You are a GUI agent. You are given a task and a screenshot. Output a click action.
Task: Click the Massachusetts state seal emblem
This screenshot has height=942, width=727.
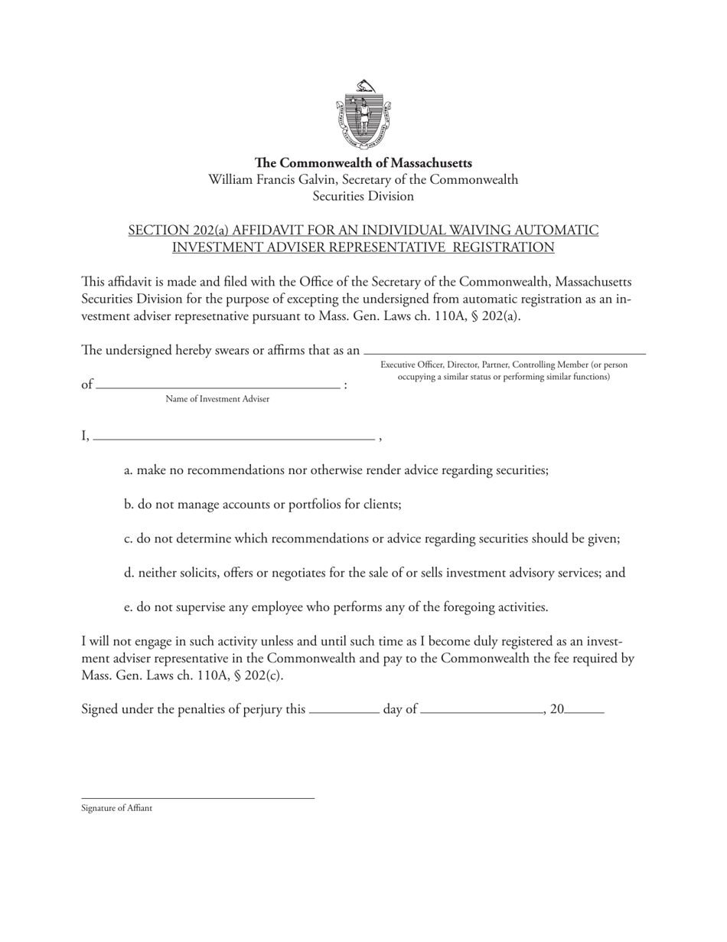pyautogui.click(x=363, y=115)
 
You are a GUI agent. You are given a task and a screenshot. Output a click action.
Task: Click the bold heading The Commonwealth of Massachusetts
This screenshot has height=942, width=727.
pyautogui.click(x=363, y=163)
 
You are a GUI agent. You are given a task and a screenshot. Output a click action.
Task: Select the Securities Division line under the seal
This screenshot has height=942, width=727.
pyautogui.click(x=363, y=196)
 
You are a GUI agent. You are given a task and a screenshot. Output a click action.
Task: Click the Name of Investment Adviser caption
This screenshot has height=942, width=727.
pyautogui.click(x=217, y=399)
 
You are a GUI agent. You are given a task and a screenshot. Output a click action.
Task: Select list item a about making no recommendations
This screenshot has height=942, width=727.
pyautogui.click(x=336, y=470)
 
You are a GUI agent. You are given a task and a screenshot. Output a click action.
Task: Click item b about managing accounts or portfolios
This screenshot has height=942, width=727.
pyautogui.click(x=262, y=505)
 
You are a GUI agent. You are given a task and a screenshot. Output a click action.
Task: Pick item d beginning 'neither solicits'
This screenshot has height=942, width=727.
pyautogui.click(x=374, y=573)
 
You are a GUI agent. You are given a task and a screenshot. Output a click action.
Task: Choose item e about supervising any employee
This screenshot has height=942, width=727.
pyautogui.click(x=336, y=607)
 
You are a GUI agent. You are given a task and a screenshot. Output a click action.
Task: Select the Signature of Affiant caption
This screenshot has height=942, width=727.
pyautogui.click(x=117, y=808)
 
